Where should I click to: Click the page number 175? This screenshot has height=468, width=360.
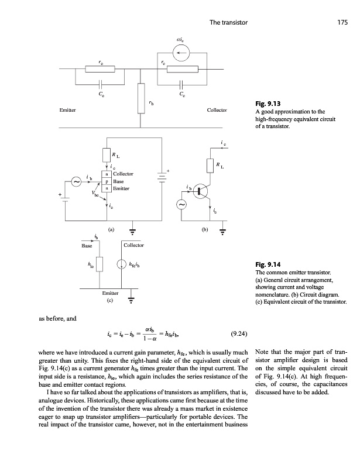coord(343,22)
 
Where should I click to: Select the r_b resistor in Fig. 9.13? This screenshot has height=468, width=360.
coord(140,97)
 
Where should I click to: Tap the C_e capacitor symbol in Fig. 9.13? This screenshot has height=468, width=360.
coord(101,83)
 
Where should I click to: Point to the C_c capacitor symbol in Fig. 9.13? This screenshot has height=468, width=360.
coord(183,83)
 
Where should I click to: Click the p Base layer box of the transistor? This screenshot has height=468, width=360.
coord(107,181)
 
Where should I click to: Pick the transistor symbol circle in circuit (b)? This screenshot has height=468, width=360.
coord(203,191)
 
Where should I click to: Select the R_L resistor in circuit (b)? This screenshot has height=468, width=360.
coord(210,166)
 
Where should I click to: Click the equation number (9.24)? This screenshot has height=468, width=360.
coord(238,335)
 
